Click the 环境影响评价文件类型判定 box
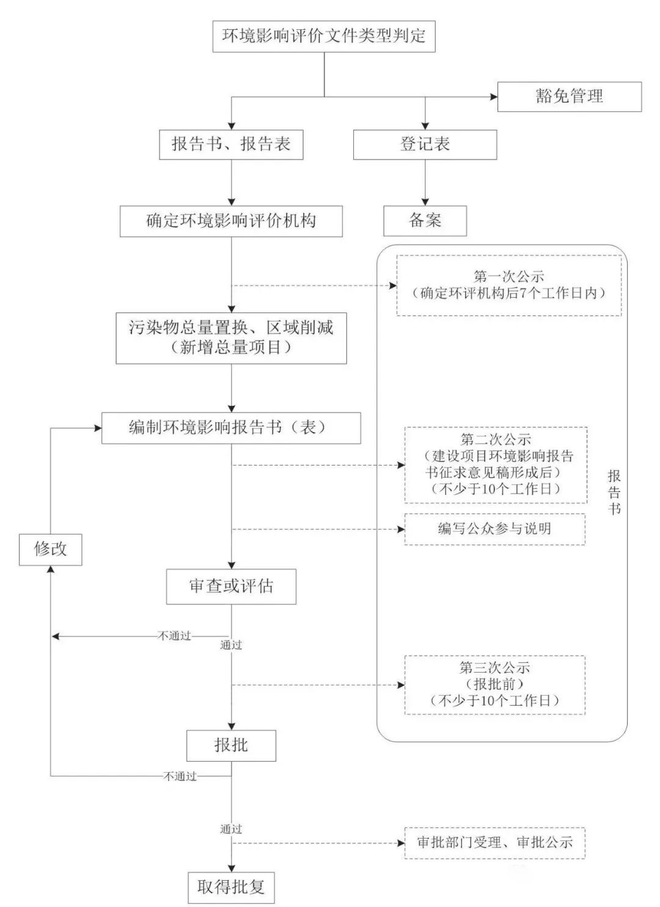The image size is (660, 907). [324, 37]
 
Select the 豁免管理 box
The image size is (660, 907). [569, 97]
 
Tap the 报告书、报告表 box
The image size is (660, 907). [231, 145]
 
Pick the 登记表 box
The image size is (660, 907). [425, 145]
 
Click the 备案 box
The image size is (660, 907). [425, 221]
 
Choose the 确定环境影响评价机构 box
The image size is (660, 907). [231, 221]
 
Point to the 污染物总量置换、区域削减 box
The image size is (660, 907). [231, 338]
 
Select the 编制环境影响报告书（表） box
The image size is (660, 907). [231, 428]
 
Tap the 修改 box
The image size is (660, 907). [50, 549]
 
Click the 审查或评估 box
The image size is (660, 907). [231, 587]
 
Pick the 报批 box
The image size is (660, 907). [231, 746]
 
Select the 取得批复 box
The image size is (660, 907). [231, 887]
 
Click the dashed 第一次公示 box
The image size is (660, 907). [509, 286]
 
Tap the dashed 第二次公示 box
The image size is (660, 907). [496, 465]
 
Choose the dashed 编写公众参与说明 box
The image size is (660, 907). [494, 529]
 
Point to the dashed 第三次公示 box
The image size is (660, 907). [494, 685]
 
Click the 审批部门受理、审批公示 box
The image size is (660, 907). [494, 843]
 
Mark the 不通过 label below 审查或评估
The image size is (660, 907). [174, 636]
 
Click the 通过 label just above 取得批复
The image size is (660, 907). [231, 829]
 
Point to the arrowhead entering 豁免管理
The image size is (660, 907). [494, 97]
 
